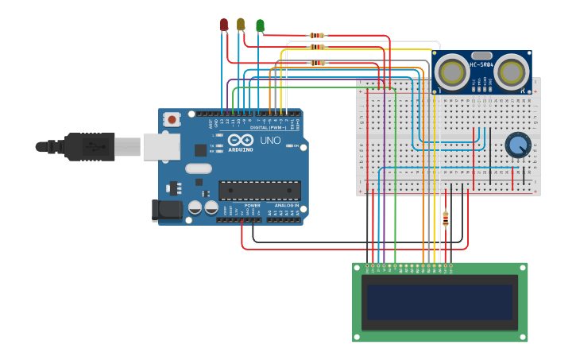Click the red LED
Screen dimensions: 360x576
tap(224, 25)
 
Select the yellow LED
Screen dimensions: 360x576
tap(241, 25)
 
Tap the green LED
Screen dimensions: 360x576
tap(260, 25)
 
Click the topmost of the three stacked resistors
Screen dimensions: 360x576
tap(317, 36)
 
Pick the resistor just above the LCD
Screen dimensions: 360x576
tap(445, 219)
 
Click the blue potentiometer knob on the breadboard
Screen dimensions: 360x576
tap(518, 145)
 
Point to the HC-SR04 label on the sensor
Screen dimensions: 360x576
tap(481, 64)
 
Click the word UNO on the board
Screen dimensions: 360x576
tap(271, 140)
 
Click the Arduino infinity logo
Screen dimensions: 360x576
tap(240, 140)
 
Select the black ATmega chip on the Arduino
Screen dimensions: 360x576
tap(260, 190)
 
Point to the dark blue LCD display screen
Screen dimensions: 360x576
tap(440, 302)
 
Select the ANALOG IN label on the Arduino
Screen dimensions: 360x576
tap(287, 205)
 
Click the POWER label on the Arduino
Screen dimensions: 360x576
tap(252, 205)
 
